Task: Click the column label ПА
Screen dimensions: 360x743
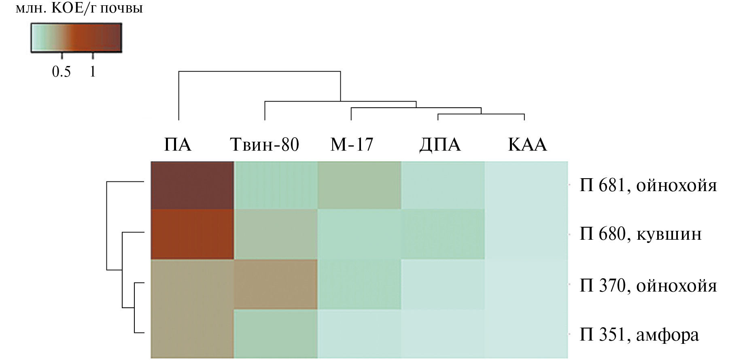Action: coord(178,145)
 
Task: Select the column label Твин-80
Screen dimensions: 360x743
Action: coord(265,145)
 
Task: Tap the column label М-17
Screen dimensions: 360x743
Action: coord(352,145)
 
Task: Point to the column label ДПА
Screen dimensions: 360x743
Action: coord(440,145)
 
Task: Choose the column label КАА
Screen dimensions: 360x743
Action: coord(527,145)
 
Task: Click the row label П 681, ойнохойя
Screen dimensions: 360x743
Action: coord(648,185)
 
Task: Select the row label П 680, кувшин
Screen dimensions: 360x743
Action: coord(641,234)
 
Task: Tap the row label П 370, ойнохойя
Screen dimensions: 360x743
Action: coord(648,286)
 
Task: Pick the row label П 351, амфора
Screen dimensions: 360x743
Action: coord(639,335)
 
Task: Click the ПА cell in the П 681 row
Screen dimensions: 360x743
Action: coord(192,185)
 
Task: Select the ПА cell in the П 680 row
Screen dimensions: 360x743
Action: coord(192,234)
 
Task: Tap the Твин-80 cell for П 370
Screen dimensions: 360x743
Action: coord(276,285)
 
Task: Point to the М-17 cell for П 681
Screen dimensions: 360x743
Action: coord(359,185)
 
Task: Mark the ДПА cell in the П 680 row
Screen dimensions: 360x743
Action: coord(443,234)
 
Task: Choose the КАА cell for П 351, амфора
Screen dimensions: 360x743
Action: coord(526,334)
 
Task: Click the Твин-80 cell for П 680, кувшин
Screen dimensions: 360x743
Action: coord(276,234)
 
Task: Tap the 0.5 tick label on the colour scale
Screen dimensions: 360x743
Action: coord(62,72)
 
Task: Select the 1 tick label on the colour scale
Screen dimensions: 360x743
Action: coord(93,72)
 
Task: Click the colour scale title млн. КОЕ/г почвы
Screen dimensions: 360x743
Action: coord(79,8)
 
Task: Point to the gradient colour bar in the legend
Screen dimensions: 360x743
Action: coord(76,38)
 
